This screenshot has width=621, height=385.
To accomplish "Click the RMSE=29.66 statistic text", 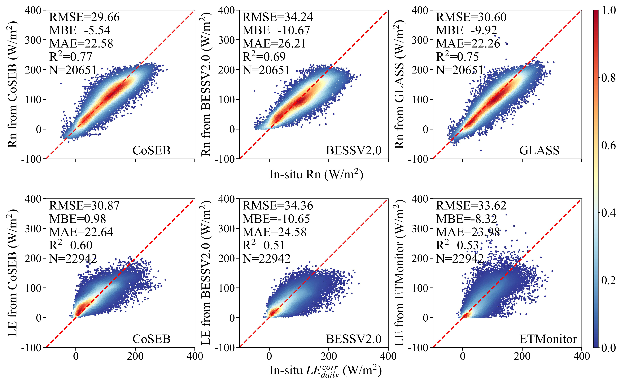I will point(84,17).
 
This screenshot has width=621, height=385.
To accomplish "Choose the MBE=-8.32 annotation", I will point(466,219).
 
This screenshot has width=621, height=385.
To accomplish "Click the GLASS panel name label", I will point(539,150).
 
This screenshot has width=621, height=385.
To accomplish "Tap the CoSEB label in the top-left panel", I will point(151,150).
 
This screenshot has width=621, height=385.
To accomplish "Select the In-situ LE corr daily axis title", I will point(325,371).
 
